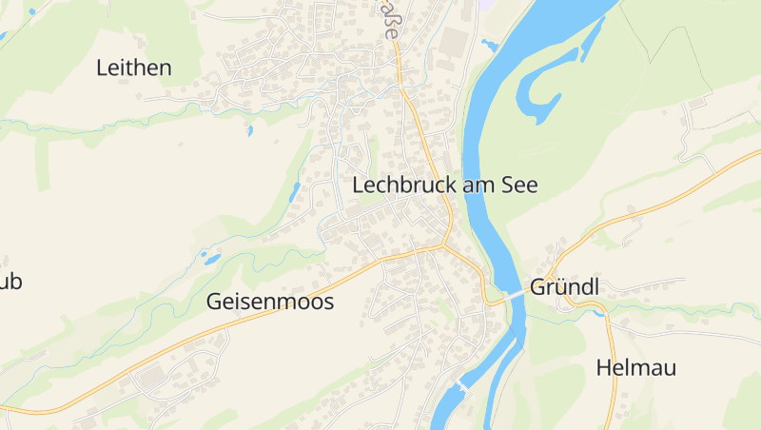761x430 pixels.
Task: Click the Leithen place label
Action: (x=134, y=68)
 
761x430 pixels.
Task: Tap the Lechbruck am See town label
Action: (x=445, y=186)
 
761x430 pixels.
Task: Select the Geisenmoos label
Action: (x=270, y=303)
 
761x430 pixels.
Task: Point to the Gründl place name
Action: (x=567, y=286)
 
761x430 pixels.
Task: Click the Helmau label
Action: (x=635, y=368)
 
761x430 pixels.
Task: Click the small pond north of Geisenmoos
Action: (x=211, y=258)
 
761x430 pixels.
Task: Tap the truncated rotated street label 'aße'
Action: (x=390, y=19)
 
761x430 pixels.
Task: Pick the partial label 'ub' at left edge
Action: (x=10, y=283)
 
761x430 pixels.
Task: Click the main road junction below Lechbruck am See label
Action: (x=444, y=245)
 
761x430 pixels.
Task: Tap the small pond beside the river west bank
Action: (x=490, y=44)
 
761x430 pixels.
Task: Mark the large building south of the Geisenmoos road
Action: (x=152, y=379)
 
